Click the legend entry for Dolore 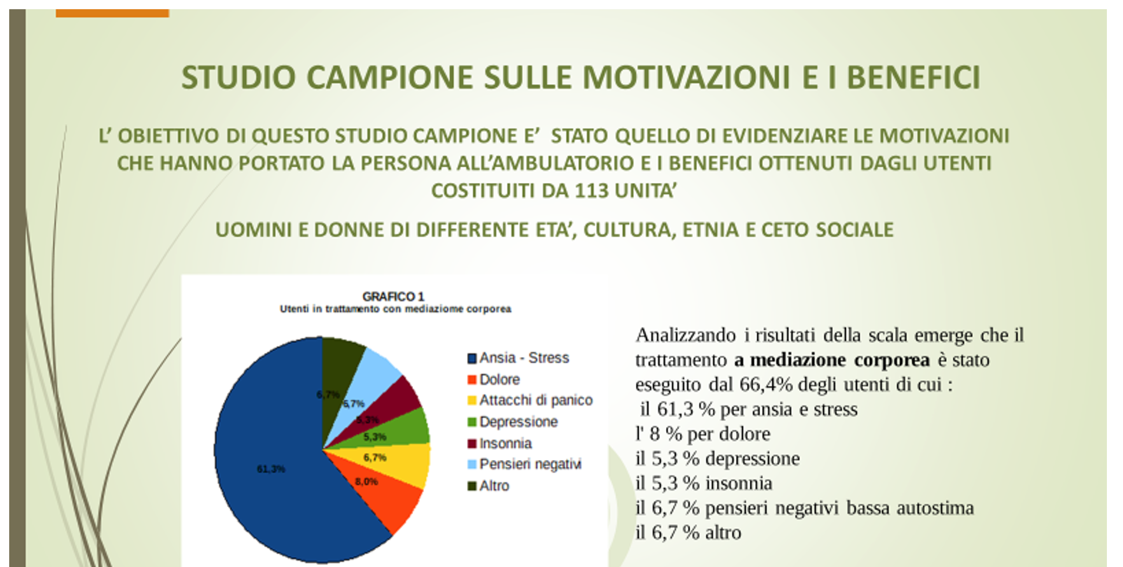(x=493, y=379)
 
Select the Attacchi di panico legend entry (x=530, y=400)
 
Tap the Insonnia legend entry (x=499, y=443)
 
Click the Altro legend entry (x=488, y=485)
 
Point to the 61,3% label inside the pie (x=271, y=469)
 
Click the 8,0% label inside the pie (x=366, y=482)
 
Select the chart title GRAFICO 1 (x=393, y=296)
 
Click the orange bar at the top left (x=112, y=13)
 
